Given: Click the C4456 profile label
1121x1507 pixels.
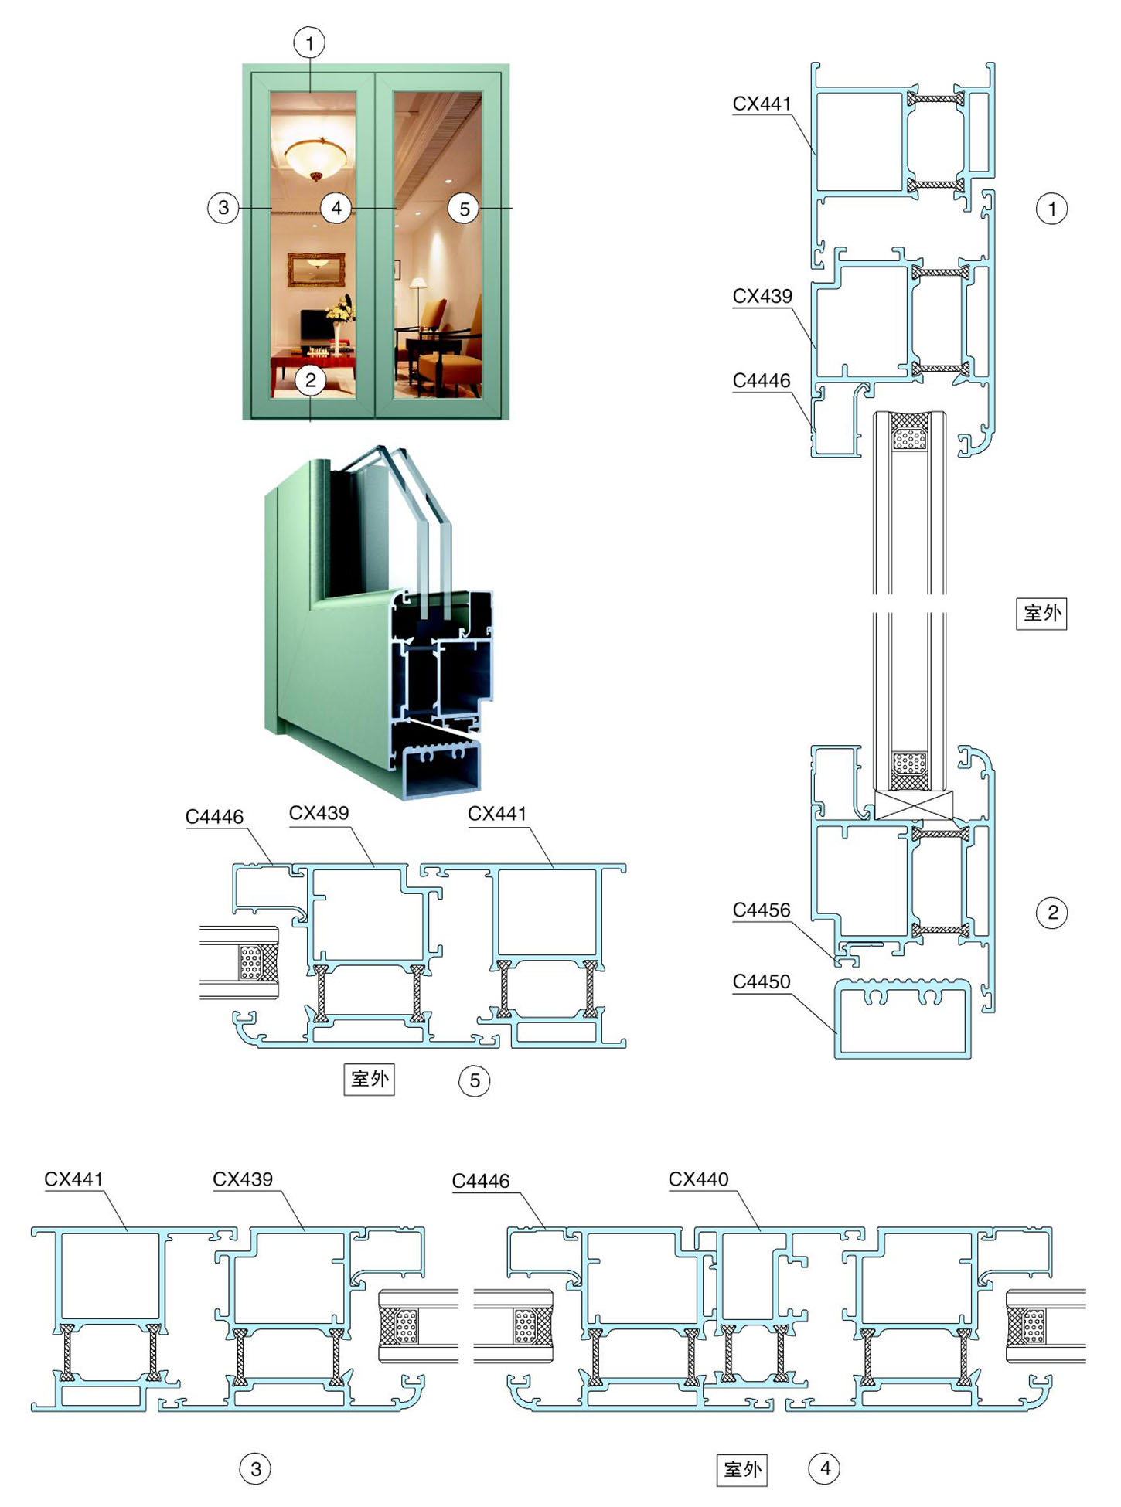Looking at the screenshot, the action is click(x=762, y=910).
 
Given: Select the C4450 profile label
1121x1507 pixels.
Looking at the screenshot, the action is click(x=762, y=981).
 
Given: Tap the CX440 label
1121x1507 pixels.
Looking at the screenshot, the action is click(x=698, y=1179).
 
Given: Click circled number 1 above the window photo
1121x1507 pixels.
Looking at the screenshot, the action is click(x=310, y=43).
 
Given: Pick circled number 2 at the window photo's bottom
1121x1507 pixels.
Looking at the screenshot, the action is click(x=310, y=379).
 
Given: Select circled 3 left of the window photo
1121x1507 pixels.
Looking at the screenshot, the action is click(x=223, y=207).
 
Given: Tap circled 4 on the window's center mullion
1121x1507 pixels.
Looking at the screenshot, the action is click(x=336, y=207).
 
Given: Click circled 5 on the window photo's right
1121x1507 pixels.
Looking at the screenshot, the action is click(x=464, y=209).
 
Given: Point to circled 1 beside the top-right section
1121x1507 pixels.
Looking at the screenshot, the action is click(x=1051, y=208).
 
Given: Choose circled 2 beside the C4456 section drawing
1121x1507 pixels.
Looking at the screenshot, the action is click(x=1052, y=913).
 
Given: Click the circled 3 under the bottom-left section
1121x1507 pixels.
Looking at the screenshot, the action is click(x=256, y=1468).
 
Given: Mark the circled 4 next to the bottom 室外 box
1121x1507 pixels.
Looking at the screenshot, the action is click(x=825, y=1468).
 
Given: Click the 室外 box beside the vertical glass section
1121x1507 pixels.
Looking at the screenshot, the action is click(x=1041, y=614).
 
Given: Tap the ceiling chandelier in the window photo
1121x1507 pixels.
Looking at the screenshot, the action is click(x=317, y=157).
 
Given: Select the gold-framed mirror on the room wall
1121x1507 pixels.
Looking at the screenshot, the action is click(x=316, y=269).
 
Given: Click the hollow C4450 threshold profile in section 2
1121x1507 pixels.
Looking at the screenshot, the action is click(x=903, y=1018).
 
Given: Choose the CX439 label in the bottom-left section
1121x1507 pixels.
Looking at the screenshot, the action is click(x=243, y=1179).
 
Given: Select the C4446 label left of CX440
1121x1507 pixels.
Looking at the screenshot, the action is click(x=481, y=1181).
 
